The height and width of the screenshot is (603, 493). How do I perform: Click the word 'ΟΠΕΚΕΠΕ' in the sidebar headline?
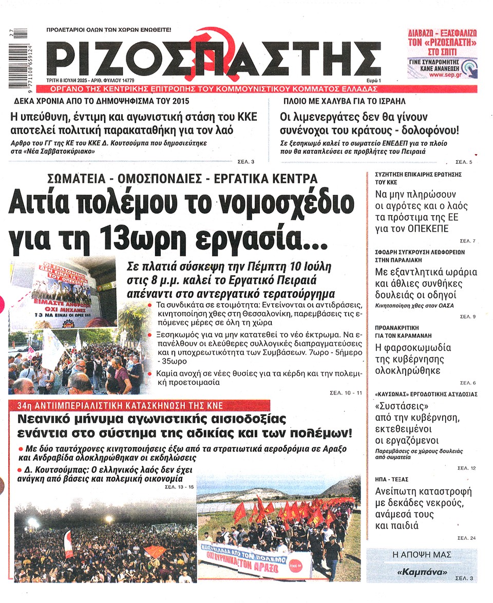click(427, 229)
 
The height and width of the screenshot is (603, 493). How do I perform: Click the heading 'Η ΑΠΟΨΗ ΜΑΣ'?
click(421, 555)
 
